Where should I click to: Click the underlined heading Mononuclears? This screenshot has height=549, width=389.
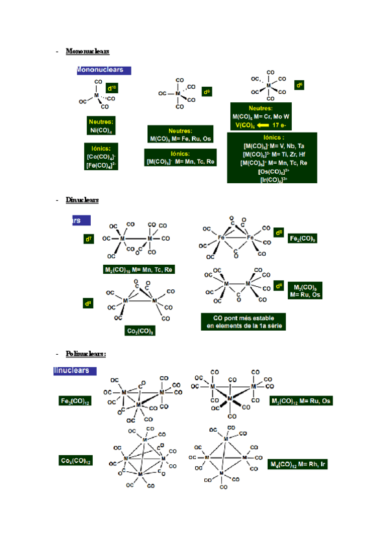tap(88, 50)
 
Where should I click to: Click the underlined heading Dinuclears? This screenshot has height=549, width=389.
tap(82, 200)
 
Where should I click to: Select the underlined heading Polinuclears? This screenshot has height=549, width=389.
tap(86, 353)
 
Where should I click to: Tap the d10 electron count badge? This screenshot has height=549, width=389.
tap(112, 87)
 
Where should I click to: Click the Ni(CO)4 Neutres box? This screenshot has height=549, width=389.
tap(101, 126)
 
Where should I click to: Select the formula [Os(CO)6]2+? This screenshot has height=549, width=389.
tap(273, 172)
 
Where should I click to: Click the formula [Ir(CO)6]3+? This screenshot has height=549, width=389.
tap(273, 180)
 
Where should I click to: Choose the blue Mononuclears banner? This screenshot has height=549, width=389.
tap(104, 70)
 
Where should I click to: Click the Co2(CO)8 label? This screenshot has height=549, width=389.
tap(139, 331)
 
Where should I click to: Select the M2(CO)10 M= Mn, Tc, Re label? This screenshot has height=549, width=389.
tap(139, 269)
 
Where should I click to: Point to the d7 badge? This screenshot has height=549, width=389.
tap(89, 239)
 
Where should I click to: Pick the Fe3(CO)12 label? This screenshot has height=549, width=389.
tap(75, 401)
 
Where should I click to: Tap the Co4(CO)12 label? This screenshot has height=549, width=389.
tap(76, 461)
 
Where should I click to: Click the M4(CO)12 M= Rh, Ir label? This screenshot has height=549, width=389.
tap(298, 464)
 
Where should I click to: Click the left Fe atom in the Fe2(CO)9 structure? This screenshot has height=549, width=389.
tap(221, 238)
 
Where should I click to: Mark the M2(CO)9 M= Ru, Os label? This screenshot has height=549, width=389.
tap(305, 291)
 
